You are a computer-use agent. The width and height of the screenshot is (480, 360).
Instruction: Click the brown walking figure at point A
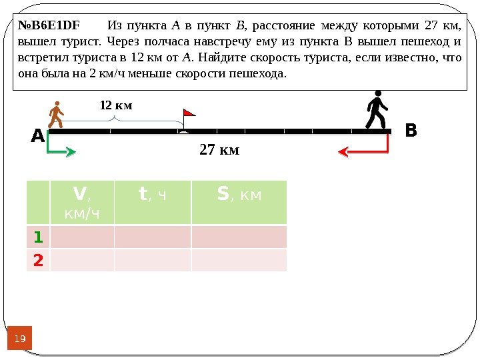tap(57, 115)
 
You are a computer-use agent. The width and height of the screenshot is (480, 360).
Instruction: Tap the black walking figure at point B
tap(377, 111)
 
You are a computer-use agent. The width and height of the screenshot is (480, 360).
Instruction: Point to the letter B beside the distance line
tap(411, 131)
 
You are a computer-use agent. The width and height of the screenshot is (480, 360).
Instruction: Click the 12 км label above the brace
tap(116, 105)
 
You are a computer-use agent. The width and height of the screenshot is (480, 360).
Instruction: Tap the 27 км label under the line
tap(219, 151)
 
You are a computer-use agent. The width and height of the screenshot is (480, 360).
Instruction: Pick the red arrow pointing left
tap(363, 150)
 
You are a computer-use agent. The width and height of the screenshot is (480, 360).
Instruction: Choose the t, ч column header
tap(153, 195)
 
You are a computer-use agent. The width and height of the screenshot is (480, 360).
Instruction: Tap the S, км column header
tap(239, 195)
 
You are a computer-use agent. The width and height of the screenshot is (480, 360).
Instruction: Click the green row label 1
tap(38, 237)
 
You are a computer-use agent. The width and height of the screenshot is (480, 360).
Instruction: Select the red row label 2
tap(38, 260)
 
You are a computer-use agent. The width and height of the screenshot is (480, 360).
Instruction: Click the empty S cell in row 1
tap(239, 237)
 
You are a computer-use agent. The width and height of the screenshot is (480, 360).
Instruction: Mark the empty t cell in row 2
tap(153, 260)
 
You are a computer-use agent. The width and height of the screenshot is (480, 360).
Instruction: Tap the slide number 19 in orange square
tap(21, 339)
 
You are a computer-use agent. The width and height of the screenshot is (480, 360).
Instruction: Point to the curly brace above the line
tap(116, 119)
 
